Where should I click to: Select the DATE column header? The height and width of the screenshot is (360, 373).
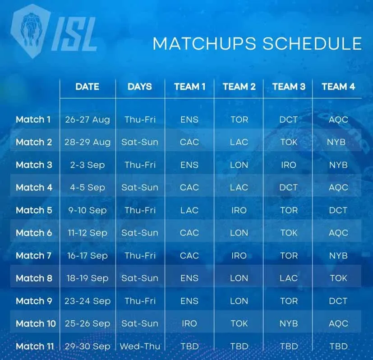87,86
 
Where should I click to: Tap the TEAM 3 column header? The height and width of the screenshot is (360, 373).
289,86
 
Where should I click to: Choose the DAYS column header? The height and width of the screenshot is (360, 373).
140,86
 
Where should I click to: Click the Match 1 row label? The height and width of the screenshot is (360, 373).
33,120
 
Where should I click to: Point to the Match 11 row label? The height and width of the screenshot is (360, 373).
35,346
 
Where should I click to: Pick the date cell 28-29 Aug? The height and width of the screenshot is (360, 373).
87,142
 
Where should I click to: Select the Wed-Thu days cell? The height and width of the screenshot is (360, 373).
139,346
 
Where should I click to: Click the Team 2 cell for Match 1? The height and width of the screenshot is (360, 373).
239,120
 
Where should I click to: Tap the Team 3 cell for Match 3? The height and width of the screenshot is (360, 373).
289,165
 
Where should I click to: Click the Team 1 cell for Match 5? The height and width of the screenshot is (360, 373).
189,210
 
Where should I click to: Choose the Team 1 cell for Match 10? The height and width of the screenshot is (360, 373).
189,323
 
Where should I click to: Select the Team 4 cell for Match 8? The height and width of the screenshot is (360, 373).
338,278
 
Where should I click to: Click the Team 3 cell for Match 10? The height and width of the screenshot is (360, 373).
289,323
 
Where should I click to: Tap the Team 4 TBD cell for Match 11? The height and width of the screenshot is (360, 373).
338,346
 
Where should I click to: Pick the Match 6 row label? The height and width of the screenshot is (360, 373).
34,233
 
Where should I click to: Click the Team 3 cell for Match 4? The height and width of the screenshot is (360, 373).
289,187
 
